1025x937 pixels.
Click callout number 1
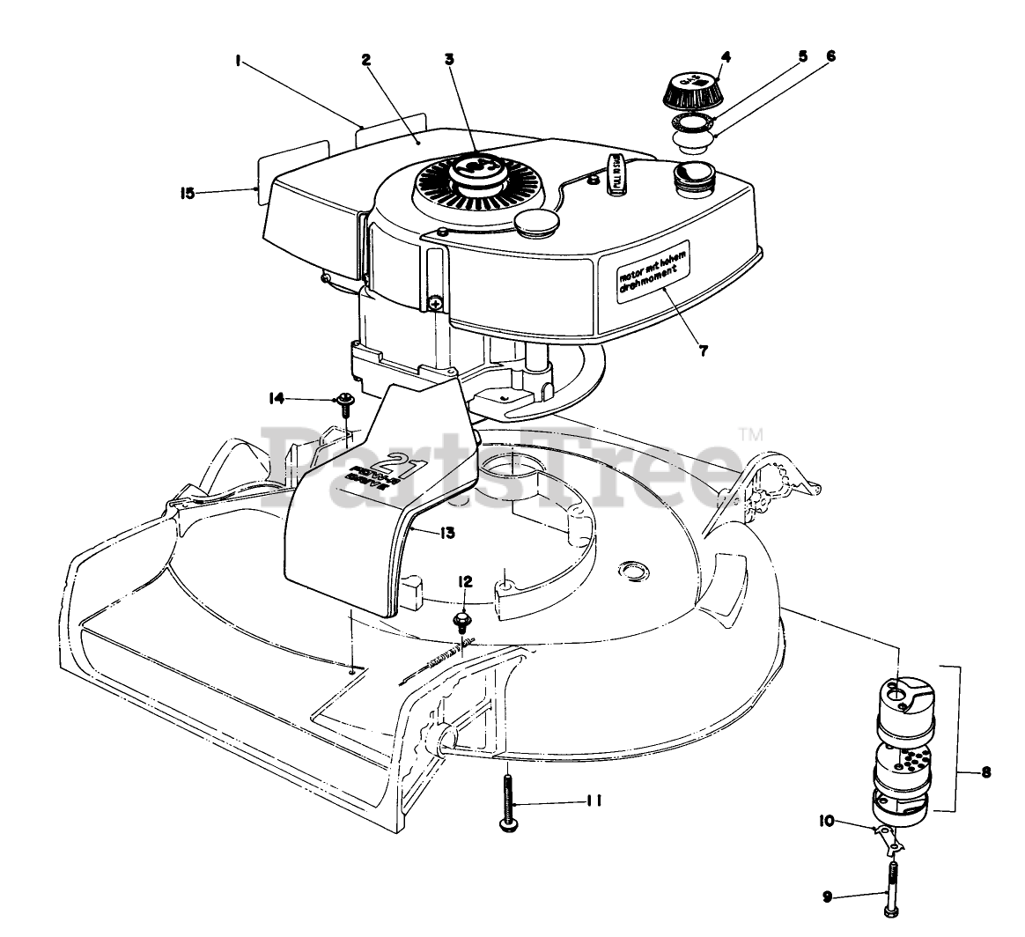point(239,62)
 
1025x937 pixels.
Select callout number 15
point(187,194)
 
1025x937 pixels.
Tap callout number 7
point(703,350)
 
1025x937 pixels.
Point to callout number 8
point(984,772)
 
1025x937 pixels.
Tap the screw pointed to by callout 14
point(345,403)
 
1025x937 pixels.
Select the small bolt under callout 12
point(461,621)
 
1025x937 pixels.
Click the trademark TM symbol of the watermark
point(750,433)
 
